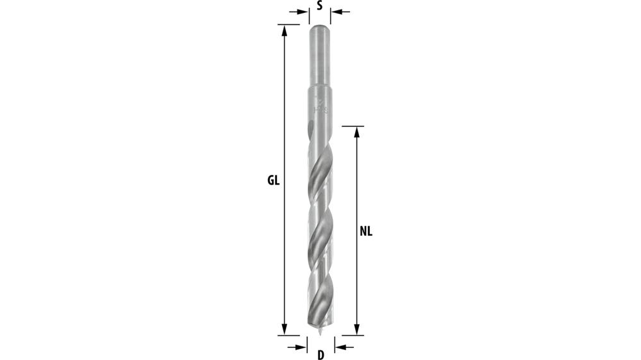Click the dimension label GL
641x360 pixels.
coord(274,180)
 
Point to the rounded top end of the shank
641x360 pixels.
coord(319,28)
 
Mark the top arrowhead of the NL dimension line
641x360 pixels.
coord(357,131)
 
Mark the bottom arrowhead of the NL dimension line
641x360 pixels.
coord(357,330)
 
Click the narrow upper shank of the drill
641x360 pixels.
coord(319,58)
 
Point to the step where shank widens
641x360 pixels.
coord(319,88)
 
